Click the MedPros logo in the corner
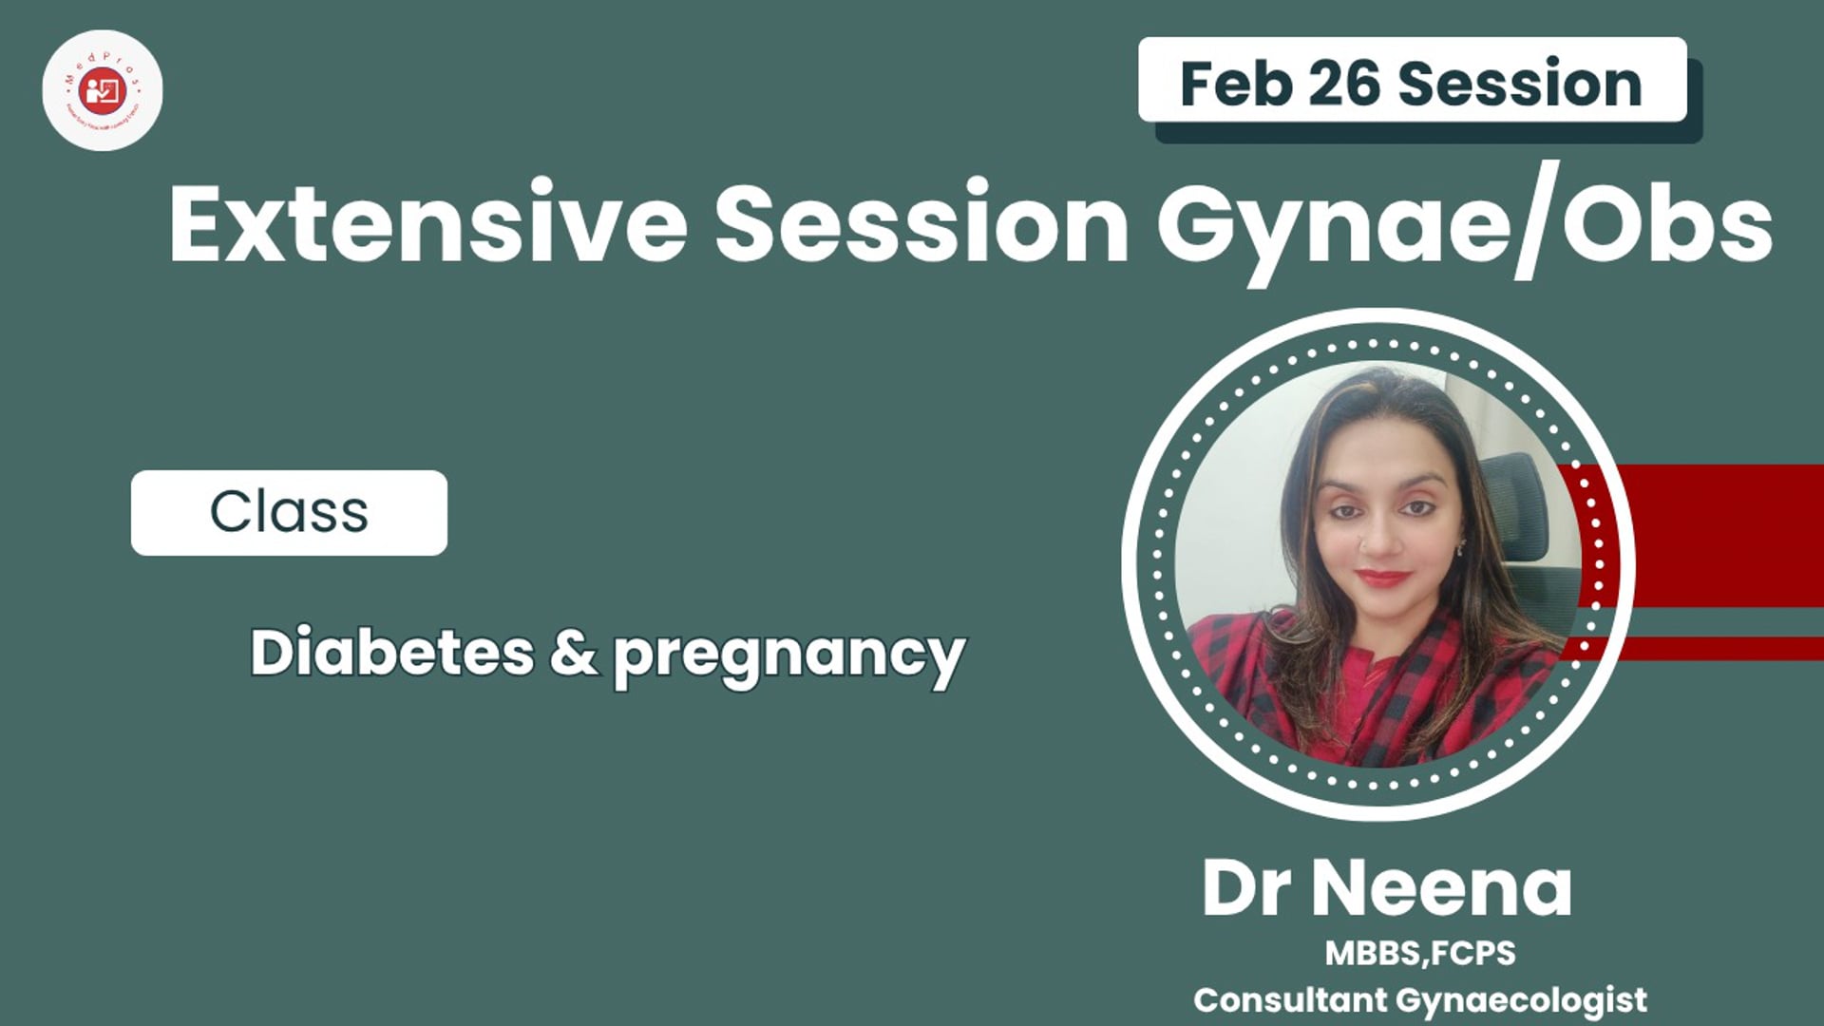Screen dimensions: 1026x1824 [x=103, y=90]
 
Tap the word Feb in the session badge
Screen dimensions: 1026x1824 [x=1235, y=84]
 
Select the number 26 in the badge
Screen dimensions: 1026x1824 [x=1343, y=84]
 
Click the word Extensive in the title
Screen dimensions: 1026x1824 [x=427, y=225]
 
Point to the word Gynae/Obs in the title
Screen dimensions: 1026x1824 [x=1463, y=225]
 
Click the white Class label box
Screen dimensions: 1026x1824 [x=289, y=513]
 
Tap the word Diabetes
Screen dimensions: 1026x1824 [x=392, y=654]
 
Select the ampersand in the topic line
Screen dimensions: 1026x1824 [x=573, y=654]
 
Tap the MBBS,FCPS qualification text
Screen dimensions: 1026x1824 [x=1420, y=953]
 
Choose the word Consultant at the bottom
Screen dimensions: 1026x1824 [x=1289, y=999]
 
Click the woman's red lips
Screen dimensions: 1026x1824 [x=1383, y=577]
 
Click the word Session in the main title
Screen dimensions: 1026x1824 [x=921, y=225]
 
